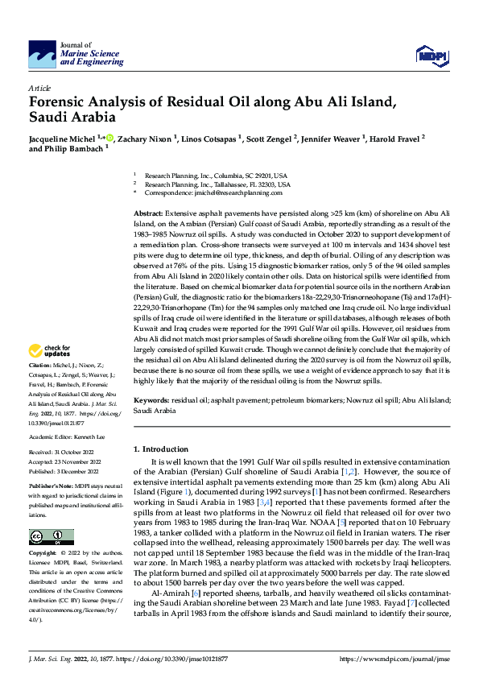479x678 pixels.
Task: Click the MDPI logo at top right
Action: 431,53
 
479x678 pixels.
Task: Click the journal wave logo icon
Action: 42,55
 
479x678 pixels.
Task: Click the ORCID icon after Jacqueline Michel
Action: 110,138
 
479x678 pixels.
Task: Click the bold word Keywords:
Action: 153,400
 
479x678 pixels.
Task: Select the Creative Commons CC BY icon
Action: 51,536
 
